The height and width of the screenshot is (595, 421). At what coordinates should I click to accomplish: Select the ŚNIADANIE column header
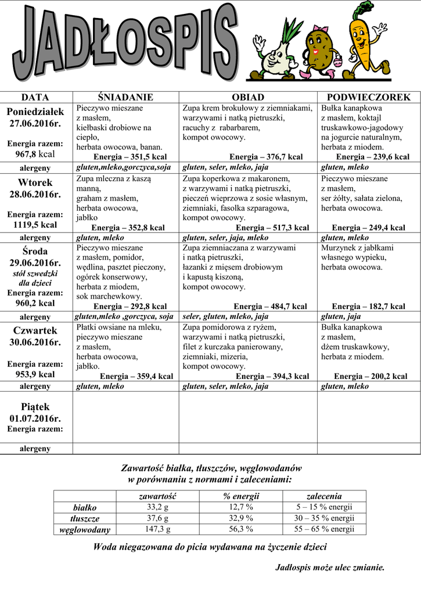coord(125,97)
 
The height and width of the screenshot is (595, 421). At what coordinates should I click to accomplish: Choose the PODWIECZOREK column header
coord(369,97)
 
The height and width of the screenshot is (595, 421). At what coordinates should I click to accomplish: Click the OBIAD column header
coord(248,97)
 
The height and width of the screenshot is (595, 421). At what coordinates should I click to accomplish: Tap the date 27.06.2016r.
coord(35,124)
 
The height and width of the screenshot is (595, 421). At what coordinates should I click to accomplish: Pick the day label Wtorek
coord(35,182)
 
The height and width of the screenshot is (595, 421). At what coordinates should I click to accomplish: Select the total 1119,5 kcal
coord(35,225)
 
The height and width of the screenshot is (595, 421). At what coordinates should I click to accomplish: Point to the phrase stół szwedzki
coord(35,273)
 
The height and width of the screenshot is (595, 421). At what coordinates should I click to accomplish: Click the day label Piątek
coord(35,407)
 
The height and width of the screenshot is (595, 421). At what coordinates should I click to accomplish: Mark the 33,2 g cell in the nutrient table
coord(157,507)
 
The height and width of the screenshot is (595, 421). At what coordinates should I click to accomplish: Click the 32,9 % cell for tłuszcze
coord(241,518)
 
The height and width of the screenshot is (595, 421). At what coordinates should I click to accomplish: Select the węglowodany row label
coord(85,529)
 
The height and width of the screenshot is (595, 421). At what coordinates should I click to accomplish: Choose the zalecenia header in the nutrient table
coord(324,496)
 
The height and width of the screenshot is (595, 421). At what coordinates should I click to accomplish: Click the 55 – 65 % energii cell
coord(324,529)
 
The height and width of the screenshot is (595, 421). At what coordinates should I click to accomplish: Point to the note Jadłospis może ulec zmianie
coord(329,567)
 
